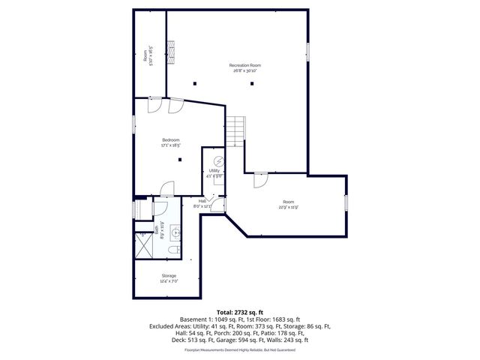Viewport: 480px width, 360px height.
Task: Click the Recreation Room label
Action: pos(245,65)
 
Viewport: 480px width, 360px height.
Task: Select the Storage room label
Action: pos(169,276)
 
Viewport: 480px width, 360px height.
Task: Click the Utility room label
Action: pos(214,171)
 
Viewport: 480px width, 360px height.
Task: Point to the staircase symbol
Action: pos(237,131)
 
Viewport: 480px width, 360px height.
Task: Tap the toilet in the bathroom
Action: pos(173,250)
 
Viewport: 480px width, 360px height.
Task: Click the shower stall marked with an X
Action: pos(142,242)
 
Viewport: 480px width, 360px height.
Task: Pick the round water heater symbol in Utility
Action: pos(219,160)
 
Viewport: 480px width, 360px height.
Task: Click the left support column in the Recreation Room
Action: pos(194,82)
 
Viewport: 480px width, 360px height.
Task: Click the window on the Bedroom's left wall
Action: pos(134,124)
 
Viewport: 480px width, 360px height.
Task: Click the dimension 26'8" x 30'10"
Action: pos(245,71)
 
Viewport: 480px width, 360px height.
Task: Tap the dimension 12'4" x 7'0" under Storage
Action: pos(169,282)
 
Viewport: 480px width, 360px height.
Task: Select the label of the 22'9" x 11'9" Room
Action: pos(289,200)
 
